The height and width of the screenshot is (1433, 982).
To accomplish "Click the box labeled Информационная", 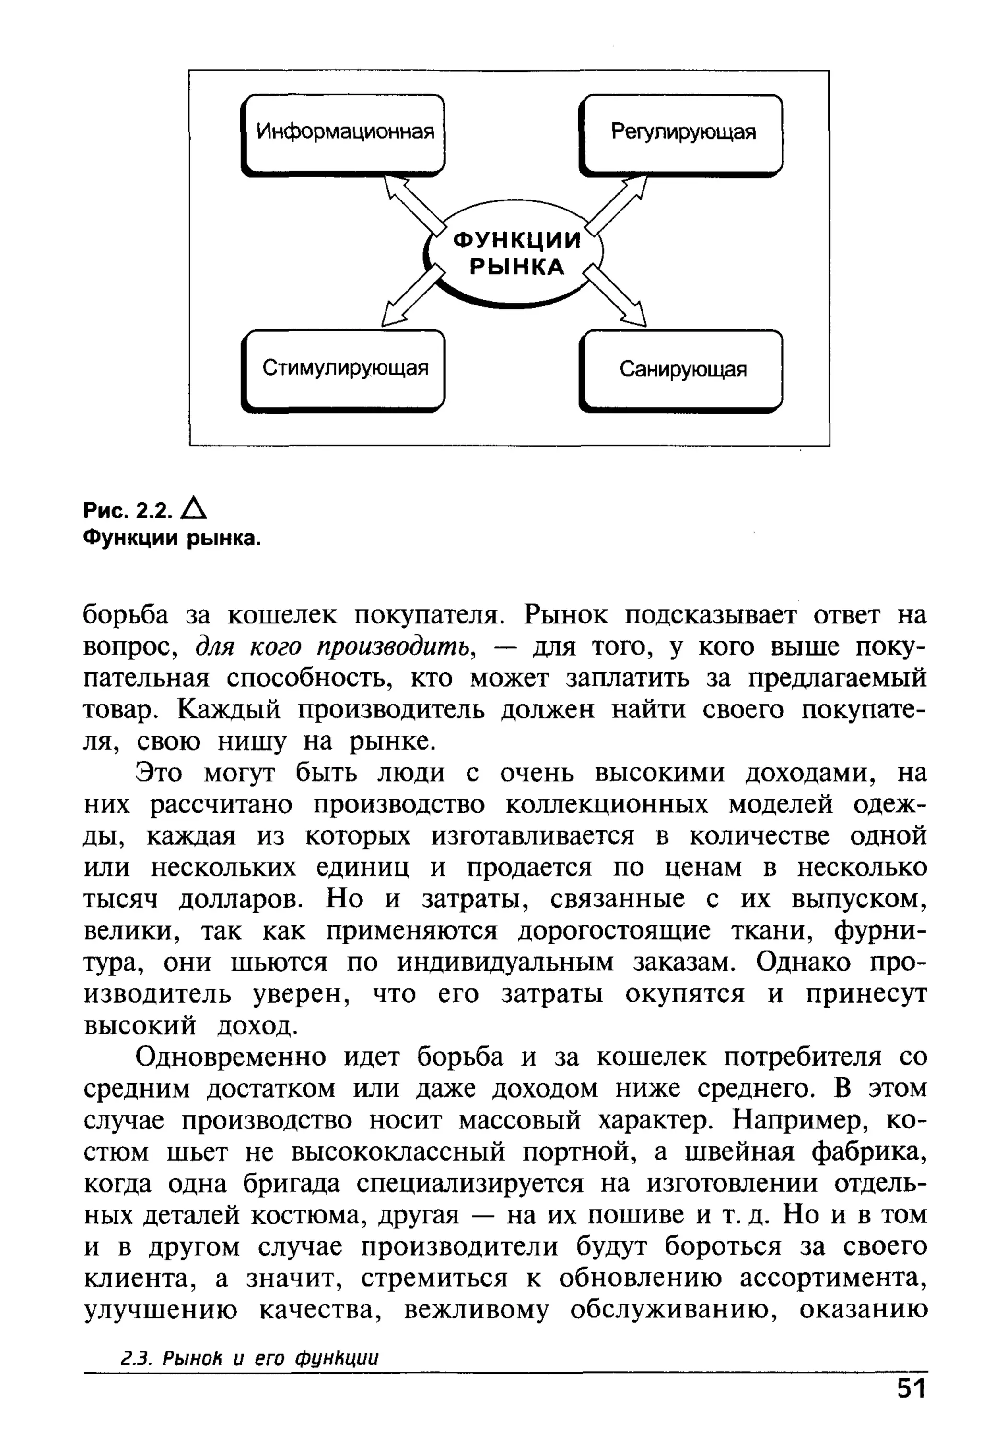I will click(x=344, y=134).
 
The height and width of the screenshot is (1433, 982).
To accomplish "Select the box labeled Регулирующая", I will click(x=682, y=134).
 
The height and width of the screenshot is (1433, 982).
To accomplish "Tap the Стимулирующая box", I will click(x=344, y=370).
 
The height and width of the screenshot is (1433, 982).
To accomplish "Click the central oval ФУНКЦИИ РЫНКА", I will click(x=516, y=253).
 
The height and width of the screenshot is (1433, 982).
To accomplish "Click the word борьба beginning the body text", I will click(x=125, y=615).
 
